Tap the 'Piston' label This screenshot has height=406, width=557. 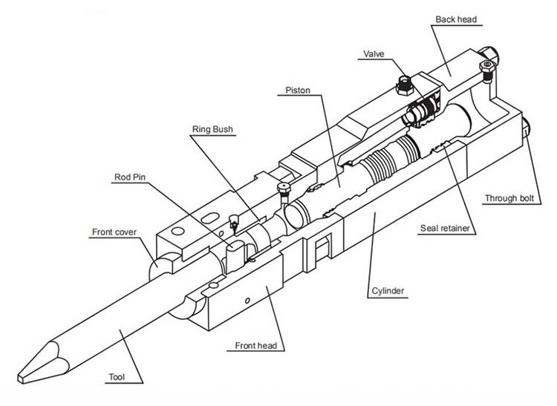(x=298, y=91)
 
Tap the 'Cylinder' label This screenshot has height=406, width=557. (x=387, y=291)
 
